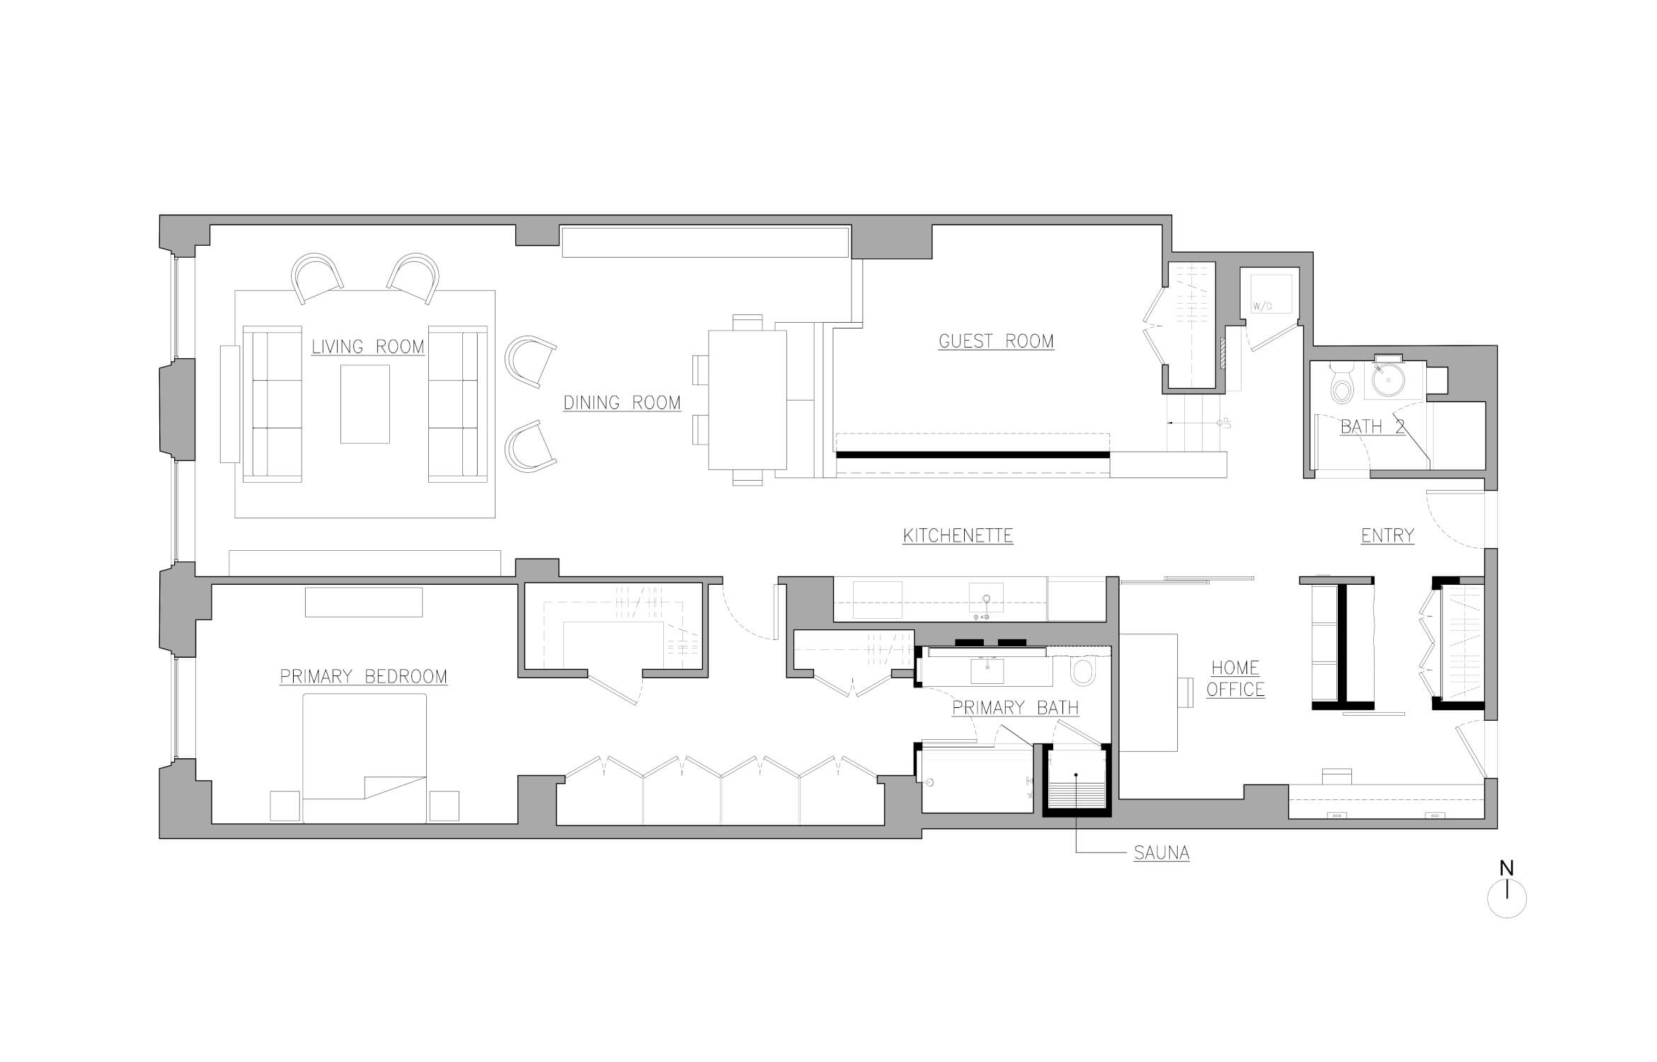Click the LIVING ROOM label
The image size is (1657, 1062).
click(x=368, y=347)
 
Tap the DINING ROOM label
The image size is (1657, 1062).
click(x=622, y=403)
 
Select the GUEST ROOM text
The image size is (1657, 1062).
click(x=996, y=341)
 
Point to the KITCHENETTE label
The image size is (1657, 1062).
click(x=958, y=536)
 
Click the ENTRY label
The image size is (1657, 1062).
click(x=1387, y=536)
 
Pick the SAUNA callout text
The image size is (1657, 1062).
click(x=1162, y=853)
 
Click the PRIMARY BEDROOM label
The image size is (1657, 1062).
click(x=364, y=677)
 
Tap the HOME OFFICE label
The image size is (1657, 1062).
click(x=1235, y=678)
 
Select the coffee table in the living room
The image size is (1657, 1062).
click(x=365, y=404)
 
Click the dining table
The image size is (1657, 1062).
click(x=748, y=400)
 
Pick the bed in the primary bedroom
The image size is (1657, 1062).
click(x=365, y=758)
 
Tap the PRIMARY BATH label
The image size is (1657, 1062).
click(x=1016, y=708)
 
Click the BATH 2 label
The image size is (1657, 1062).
click(x=1372, y=427)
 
